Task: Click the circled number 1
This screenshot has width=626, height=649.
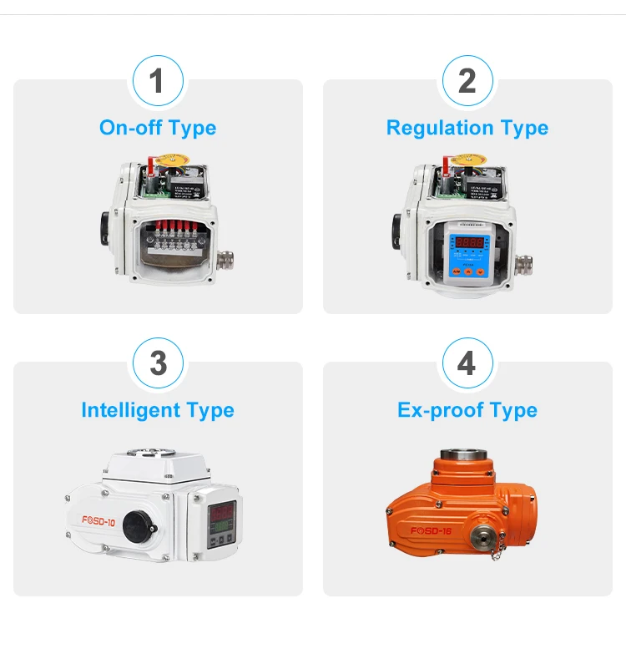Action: coord(157,81)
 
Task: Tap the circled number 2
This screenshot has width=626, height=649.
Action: coord(467,81)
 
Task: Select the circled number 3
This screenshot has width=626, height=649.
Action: coord(157,363)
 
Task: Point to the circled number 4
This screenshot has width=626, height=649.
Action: coord(467,363)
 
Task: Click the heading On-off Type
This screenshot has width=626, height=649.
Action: coord(157,128)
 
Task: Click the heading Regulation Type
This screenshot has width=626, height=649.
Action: coord(467,128)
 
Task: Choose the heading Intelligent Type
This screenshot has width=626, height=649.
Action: coord(157,410)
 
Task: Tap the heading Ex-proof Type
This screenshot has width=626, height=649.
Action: coord(467,410)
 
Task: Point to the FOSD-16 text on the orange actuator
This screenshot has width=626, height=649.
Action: coord(431,530)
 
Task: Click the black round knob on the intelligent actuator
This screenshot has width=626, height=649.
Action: coord(134,525)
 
